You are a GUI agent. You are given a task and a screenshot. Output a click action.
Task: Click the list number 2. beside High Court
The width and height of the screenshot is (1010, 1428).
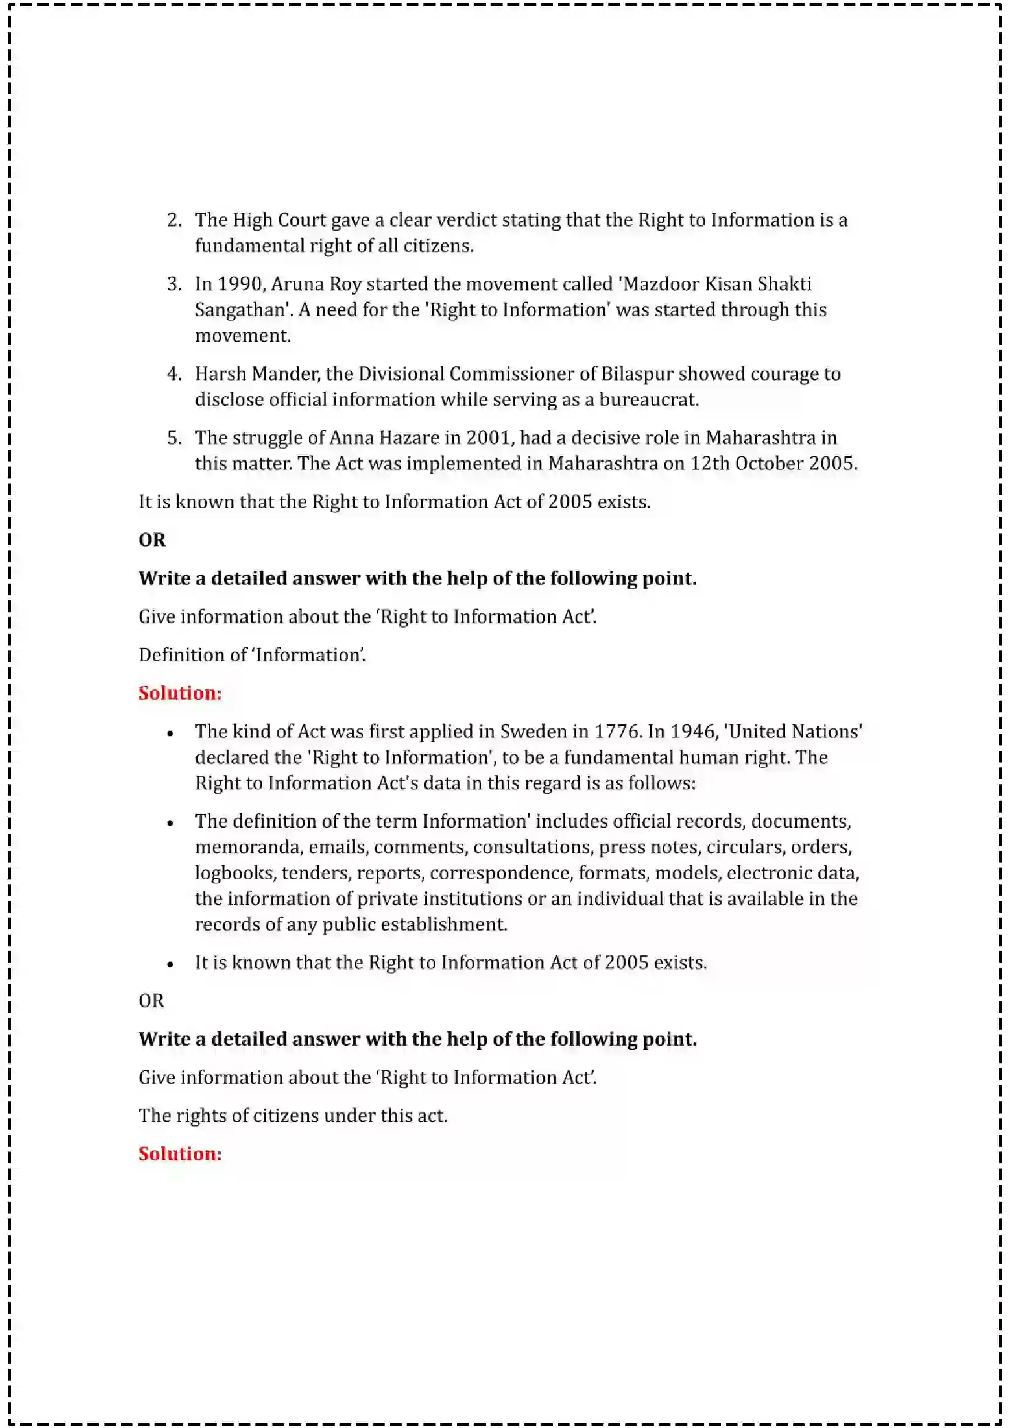174,220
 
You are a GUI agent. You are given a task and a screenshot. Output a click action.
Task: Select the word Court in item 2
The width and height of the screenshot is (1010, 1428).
302,220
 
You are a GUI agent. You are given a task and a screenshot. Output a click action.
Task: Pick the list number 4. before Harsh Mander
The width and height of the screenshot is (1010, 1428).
174,374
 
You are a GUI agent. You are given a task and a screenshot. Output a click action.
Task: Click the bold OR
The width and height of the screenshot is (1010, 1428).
152,540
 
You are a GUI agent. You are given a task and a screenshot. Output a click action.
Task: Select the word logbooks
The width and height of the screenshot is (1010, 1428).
235,873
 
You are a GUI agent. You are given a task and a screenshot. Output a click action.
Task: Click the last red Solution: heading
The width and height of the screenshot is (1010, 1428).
180,1154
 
